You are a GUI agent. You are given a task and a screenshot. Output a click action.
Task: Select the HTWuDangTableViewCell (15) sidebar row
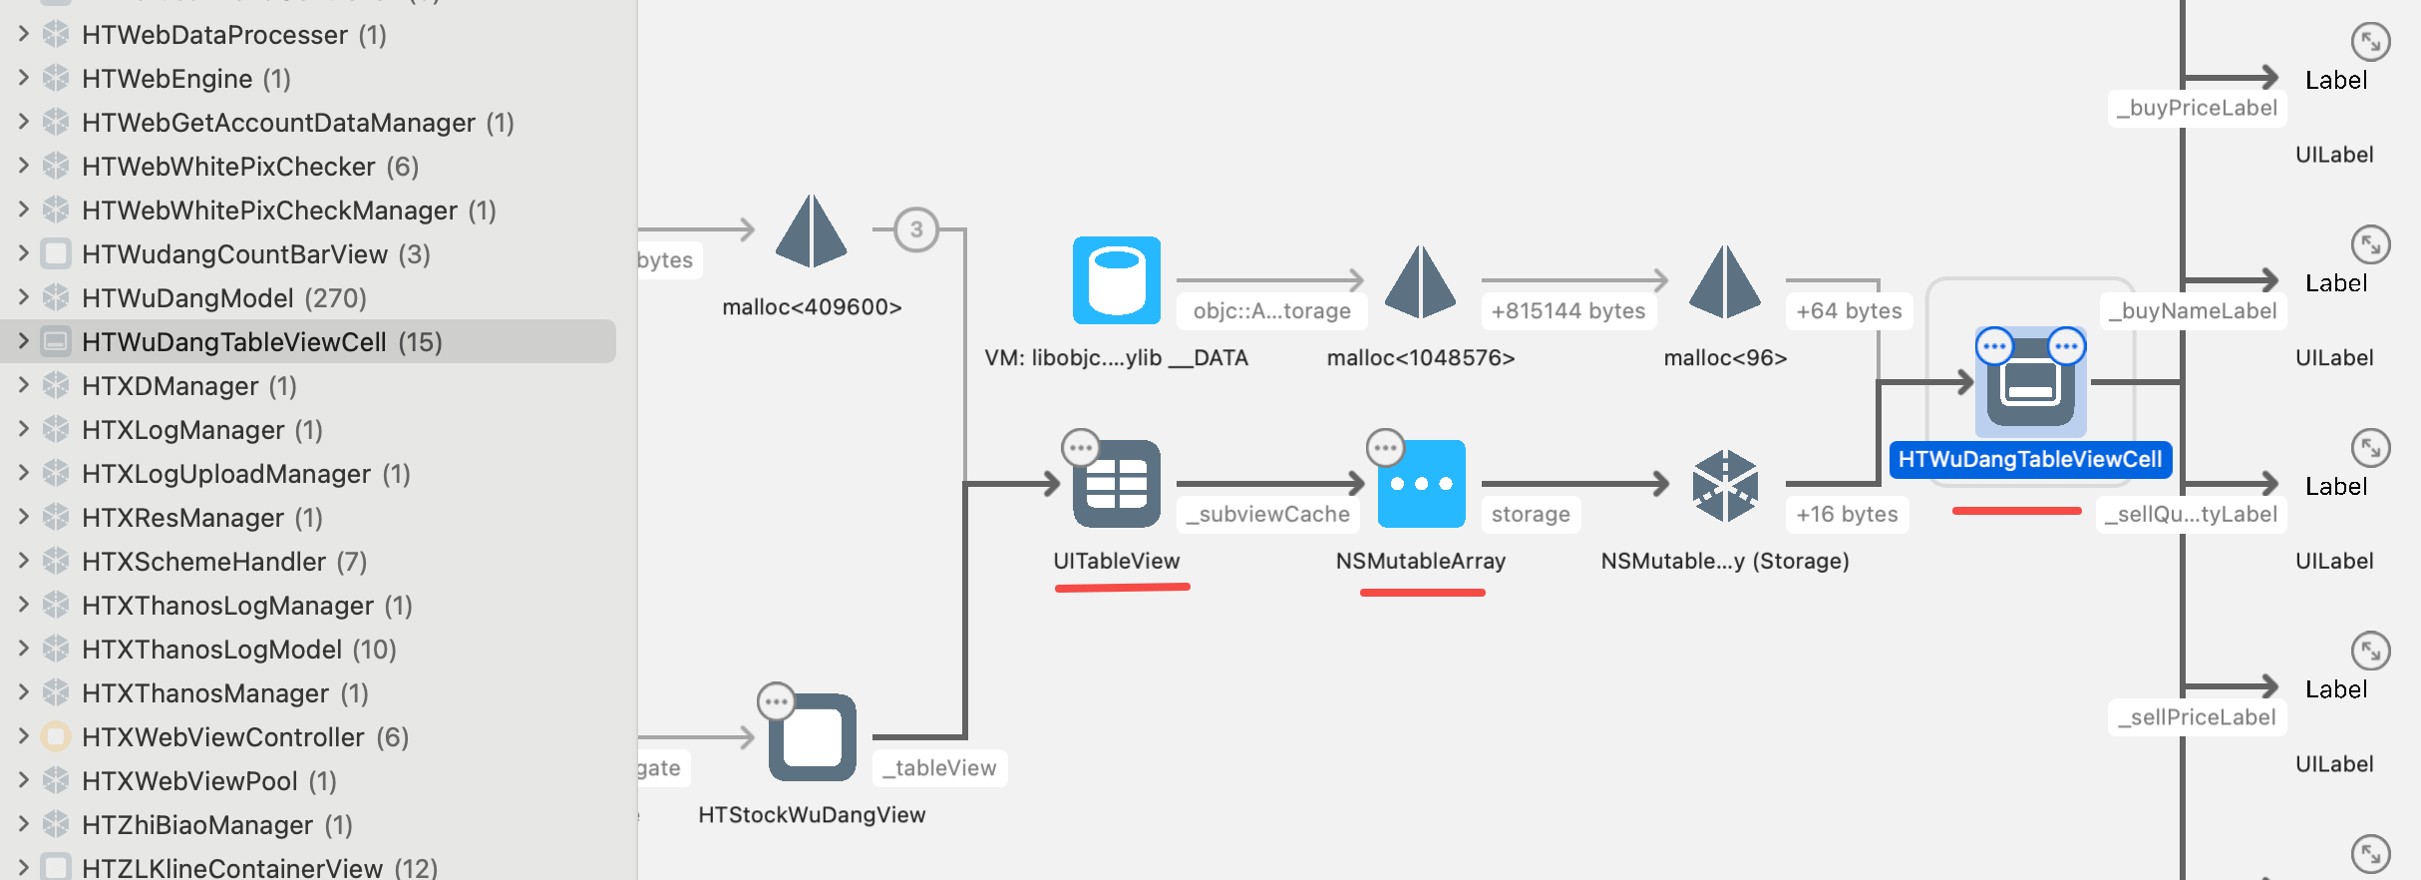(x=261, y=342)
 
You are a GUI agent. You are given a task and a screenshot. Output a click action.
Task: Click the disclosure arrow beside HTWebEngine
(x=24, y=78)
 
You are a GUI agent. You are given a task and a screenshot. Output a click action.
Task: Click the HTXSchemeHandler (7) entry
(x=223, y=562)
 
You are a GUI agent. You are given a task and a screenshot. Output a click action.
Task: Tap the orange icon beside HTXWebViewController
(x=56, y=737)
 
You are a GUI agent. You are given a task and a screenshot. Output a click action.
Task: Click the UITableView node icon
(x=1116, y=484)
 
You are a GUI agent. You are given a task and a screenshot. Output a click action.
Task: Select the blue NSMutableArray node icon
(x=1421, y=484)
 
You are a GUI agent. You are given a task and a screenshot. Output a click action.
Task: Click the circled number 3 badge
(x=915, y=229)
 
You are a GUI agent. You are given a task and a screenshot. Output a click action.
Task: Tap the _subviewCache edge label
(x=1267, y=515)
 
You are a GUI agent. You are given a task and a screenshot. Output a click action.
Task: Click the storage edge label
(x=1531, y=515)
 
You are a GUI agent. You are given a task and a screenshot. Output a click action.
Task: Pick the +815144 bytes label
(x=1567, y=311)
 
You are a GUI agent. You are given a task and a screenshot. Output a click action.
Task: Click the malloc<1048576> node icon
(x=1421, y=282)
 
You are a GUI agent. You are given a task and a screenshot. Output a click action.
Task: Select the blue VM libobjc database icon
(x=1116, y=280)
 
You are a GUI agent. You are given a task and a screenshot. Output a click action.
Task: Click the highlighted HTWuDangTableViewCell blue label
(x=2029, y=460)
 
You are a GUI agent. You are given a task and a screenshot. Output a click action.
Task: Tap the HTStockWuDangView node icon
(x=812, y=737)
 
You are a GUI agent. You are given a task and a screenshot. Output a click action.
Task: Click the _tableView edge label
(x=939, y=768)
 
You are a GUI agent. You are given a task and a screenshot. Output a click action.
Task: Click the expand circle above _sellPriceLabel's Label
(x=2370, y=652)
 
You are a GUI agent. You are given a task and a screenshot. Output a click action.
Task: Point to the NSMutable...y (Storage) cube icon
(x=1725, y=486)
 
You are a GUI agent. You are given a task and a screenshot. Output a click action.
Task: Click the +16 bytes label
(x=1847, y=515)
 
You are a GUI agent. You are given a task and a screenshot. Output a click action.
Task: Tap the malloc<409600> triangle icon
(x=812, y=231)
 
